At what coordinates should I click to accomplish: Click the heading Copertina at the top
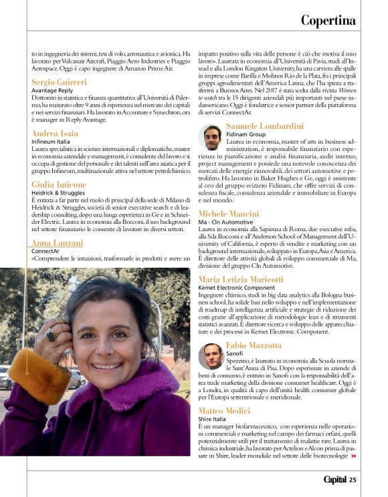point(328,20)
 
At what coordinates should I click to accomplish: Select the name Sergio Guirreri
point(59,82)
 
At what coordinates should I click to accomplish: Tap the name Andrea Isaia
point(55,134)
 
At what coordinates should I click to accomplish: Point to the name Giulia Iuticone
point(59,184)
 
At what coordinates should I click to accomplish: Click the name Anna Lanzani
point(57,242)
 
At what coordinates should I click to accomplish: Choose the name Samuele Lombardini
point(266,126)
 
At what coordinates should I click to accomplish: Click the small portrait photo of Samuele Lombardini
point(211,138)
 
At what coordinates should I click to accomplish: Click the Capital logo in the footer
point(334,479)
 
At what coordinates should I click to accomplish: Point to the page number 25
point(353,479)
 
